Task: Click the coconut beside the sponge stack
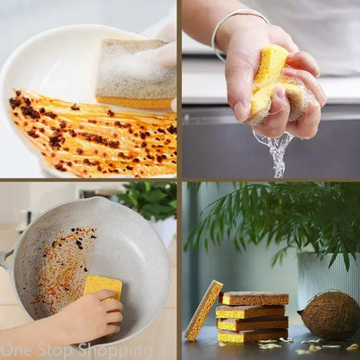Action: [x=328, y=317]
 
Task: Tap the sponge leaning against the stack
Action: [x=203, y=311]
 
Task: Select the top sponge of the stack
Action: [x=254, y=298]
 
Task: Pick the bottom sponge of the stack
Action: [x=253, y=335]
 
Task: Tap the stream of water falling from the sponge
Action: [x=274, y=153]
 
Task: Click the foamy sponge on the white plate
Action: [x=136, y=74]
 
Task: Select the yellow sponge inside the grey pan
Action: [x=103, y=287]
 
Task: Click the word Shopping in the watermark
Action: [x=115, y=350]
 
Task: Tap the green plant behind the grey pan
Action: [x=147, y=199]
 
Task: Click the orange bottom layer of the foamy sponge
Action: [x=135, y=103]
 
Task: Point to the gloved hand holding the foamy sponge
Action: [x=164, y=58]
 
